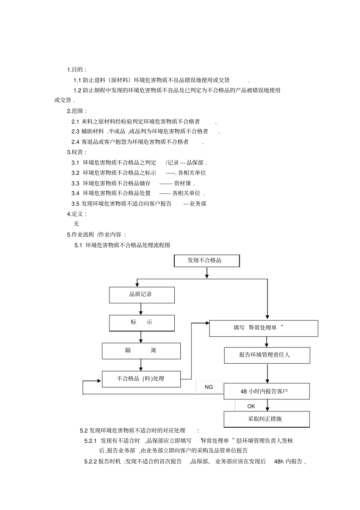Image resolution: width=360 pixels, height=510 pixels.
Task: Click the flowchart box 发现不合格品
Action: (207, 261)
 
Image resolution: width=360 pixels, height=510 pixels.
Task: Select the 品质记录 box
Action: (142, 295)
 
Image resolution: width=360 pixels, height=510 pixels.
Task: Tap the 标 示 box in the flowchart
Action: (142, 323)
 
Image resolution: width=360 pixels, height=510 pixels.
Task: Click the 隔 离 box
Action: (141, 351)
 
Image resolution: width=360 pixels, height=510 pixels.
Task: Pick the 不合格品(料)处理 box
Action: (141, 379)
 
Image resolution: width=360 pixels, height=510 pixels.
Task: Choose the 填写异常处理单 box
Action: (263, 328)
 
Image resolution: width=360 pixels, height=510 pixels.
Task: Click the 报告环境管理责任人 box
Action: (267, 355)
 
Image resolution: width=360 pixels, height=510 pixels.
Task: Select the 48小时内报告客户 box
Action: (266, 391)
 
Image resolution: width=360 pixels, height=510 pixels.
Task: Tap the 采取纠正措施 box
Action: (266, 419)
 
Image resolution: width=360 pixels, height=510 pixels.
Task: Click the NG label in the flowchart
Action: (209, 387)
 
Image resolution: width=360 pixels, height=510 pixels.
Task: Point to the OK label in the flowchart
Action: (251, 406)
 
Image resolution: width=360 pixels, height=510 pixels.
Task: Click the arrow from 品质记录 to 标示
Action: (141, 309)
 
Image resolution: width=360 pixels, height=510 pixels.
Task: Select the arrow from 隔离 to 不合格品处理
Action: (141, 365)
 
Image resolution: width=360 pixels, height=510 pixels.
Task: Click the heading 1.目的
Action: (77, 69)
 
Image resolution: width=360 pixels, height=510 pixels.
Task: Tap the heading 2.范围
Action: (77, 111)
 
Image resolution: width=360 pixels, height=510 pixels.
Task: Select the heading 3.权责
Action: (77, 152)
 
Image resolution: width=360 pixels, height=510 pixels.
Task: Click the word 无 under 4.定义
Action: (76, 224)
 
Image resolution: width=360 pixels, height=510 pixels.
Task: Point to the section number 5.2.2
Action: (91, 461)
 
